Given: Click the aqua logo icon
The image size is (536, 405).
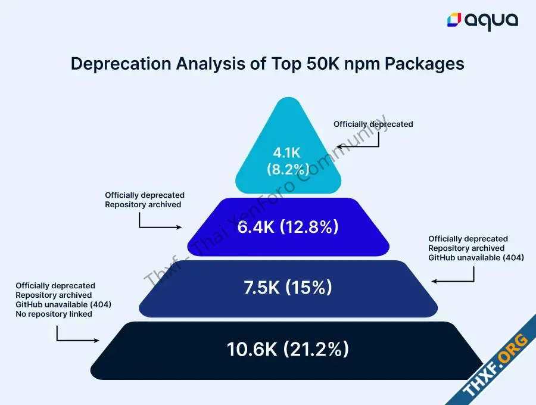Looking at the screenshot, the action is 454,20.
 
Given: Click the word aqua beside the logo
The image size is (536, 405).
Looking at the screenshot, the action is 491,22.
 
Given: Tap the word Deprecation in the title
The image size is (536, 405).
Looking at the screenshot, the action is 121,64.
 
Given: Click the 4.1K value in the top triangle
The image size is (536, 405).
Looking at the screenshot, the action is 286,153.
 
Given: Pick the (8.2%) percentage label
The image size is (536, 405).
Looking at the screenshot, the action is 288,169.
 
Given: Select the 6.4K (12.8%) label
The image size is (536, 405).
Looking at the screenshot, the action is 288,226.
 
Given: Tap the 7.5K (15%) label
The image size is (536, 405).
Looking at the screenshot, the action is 288,287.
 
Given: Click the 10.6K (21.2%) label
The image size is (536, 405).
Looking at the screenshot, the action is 288,349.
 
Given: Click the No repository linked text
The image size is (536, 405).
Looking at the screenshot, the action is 54,314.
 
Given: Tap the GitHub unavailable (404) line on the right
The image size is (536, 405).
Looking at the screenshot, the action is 476,258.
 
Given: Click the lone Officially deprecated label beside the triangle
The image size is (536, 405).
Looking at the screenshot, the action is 373,124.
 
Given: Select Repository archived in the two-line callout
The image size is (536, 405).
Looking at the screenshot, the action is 143,205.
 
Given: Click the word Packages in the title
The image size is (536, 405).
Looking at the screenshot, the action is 424,64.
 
